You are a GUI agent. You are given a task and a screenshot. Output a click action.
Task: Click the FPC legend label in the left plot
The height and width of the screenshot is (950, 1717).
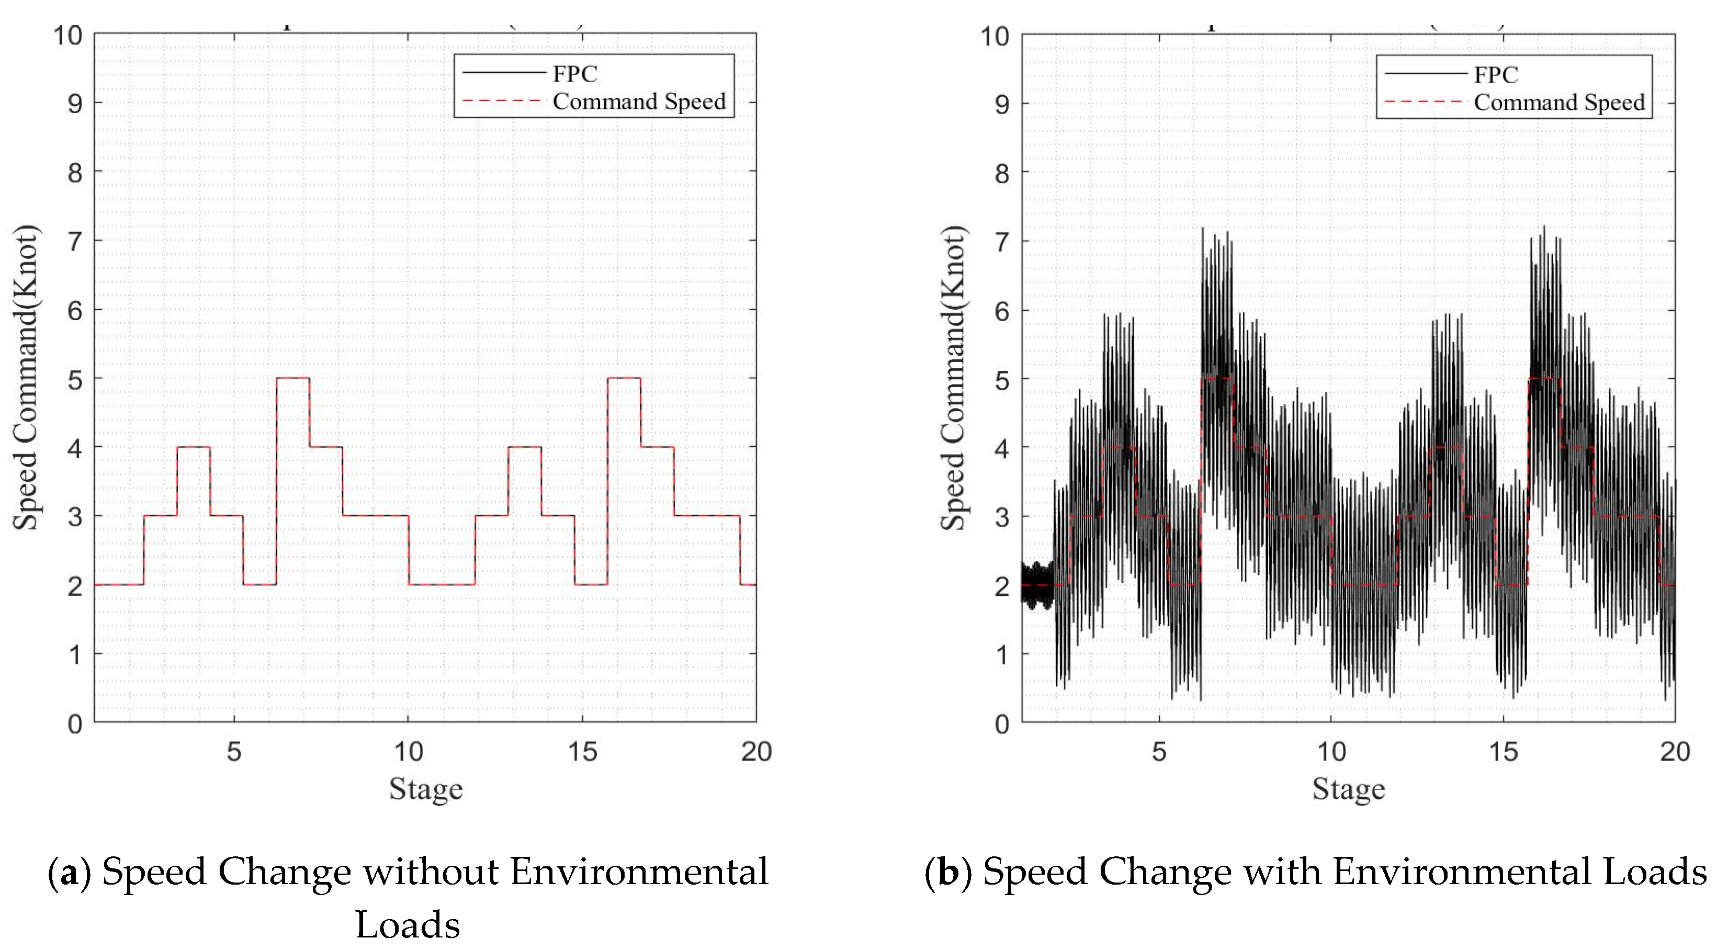pyautogui.click(x=574, y=73)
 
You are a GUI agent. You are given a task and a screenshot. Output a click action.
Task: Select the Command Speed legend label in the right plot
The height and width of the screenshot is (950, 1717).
pyautogui.click(x=1559, y=102)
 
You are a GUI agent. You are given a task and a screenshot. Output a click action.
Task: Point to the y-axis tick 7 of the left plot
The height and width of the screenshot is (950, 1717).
pyautogui.click(x=75, y=241)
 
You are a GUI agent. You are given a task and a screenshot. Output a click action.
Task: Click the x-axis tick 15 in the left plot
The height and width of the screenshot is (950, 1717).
pyautogui.click(x=582, y=751)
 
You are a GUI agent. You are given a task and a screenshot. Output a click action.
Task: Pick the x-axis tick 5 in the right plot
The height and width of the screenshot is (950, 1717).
pyautogui.click(x=1159, y=751)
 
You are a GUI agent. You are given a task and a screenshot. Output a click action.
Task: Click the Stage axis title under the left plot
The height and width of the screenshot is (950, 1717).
pyautogui.click(x=425, y=789)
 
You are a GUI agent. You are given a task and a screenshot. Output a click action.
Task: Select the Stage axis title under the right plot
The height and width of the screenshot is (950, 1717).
pyautogui.click(x=1348, y=789)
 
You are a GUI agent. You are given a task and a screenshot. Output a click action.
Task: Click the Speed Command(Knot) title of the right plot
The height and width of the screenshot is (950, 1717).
pyautogui.click(x=953, y=377)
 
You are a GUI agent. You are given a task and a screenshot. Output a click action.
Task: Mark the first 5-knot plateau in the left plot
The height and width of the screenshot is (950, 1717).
pyautogui.click(x=292, y=378)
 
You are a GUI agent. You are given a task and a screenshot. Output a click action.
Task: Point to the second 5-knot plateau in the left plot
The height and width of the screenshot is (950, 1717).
pyautogui.click(x=624, y=378)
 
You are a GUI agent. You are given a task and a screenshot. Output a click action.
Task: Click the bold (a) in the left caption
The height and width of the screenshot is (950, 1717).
pyautogui.click(x=70, y=873)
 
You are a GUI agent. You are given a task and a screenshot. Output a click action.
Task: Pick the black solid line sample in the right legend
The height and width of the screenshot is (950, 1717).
pyautogui.click(x=1425, y=73)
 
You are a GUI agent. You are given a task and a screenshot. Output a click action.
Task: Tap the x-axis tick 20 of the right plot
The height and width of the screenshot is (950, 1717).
pyautogui.click(x=1674, y=751)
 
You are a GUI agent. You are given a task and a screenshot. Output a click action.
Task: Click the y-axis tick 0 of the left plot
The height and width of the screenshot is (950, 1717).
pyautogui.click(x=75, y=724)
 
